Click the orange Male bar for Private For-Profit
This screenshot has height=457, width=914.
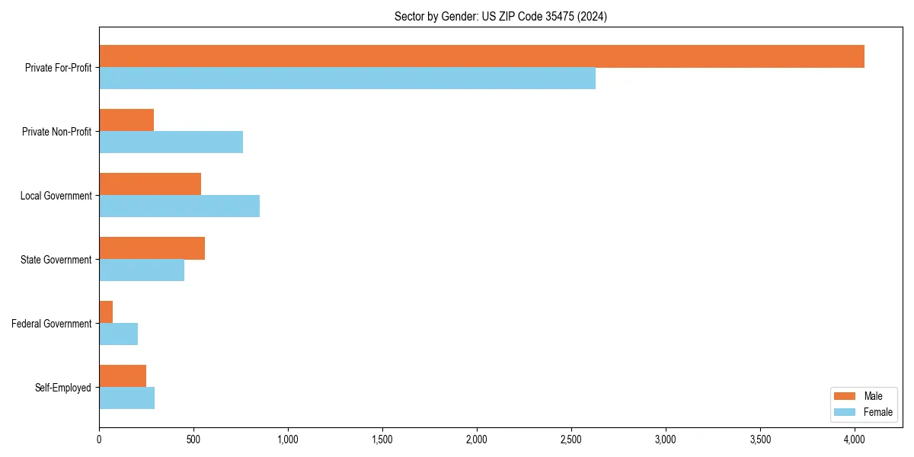[x=481, y=56]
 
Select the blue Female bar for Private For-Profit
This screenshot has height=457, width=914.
[x=347, y=78]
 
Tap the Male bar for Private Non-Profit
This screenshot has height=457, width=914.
[x=126, y=120]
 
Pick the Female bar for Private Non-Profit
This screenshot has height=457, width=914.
[x=171, y=142]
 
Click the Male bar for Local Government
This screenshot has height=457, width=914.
[x=150, y=184]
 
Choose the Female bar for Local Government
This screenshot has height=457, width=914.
[x=179, y=206]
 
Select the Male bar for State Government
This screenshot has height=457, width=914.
[x=152, y=248]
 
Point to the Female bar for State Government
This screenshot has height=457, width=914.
[x=142, y=270]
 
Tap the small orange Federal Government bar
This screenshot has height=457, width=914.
[x=106, y=312]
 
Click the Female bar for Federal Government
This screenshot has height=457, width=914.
[x=118, y=334]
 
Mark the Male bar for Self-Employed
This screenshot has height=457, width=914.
[x=123, y=376]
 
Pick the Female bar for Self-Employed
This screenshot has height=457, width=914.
[x=126, y=398]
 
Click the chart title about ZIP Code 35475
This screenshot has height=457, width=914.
[x=500, y=16]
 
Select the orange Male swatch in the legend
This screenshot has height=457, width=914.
[x=845, y=396]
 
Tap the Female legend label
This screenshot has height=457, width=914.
[x=877, y=412]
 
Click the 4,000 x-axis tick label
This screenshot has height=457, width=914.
[x=855, y=439]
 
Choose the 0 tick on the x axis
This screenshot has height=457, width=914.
[x=99, y=439]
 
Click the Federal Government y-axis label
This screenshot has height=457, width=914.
[x=51, y=324]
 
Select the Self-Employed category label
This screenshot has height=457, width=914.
[x=62, y=388]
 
